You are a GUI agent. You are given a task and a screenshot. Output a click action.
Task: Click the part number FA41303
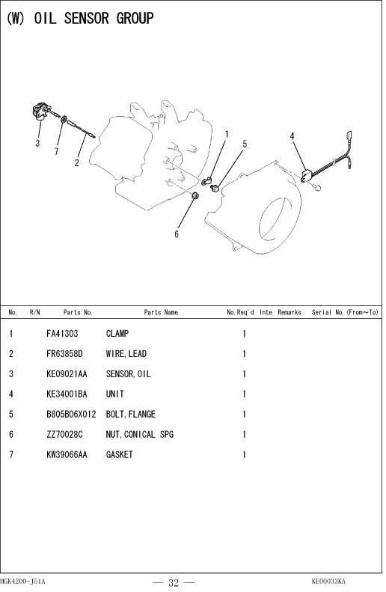click(x=62, y=334)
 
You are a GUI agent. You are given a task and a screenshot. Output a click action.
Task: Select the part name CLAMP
click(x=117, y=334)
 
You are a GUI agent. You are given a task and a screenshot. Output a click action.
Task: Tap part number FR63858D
click(x=64, y=354)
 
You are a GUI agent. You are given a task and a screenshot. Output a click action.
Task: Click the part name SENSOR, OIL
click(x=128, y=374)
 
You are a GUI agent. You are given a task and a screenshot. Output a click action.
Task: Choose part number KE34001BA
click(x=67, y=394)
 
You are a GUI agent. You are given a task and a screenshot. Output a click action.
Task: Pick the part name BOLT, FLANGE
click(x=131, y=415)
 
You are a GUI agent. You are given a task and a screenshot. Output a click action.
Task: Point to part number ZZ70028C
click(x=64, y=435)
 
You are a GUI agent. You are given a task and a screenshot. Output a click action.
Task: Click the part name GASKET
click(x=119, y=454)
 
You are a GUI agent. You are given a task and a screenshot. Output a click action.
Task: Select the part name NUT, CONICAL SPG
click(x=140, y=435)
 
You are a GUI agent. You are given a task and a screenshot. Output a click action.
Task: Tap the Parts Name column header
click(x=161, y=312)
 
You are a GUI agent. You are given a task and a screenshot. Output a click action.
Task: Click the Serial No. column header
click(x=345, y=312)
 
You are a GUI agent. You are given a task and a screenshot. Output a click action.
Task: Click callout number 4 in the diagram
click(x=292, y=136)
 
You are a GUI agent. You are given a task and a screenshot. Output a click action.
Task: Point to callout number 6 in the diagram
click(x=177, y=234)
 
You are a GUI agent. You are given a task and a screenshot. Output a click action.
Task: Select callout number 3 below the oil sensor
click(x=37, y=143)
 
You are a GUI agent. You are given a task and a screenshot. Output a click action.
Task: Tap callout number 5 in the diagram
click(x=245, y=144)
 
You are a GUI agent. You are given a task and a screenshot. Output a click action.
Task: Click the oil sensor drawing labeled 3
click(x=41, y=112)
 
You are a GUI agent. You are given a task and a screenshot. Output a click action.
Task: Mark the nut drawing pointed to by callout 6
click(x=195, y=195)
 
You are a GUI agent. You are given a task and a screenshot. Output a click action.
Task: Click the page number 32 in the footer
click(x=174, y=582)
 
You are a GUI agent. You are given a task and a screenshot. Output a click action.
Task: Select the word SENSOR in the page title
click(x=87, y=18)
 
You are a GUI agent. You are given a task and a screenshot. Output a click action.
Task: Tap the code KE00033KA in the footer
click(x=328, y=581)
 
